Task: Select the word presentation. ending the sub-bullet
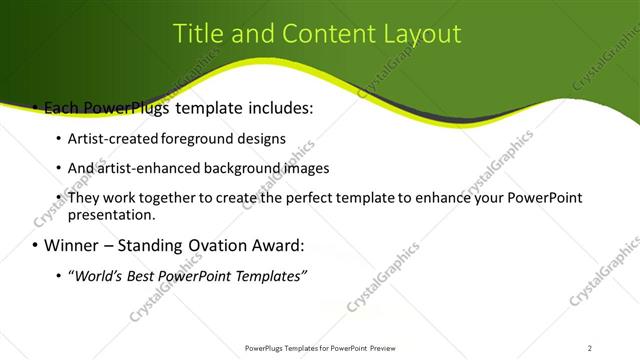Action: pyautogui.click(x=112, y=214)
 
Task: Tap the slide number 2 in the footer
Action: pyautogui.click(x=590, y=347)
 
